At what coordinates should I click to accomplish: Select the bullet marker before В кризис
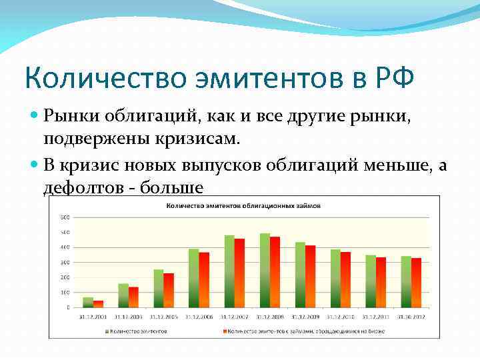[35, 165]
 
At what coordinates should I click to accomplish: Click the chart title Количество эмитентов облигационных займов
[243, 206]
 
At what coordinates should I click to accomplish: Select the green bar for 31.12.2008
[265, 270]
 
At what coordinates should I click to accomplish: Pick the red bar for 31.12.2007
[239, 273]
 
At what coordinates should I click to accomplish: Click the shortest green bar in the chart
[88, 302]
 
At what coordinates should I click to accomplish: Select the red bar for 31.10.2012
[416, 283]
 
